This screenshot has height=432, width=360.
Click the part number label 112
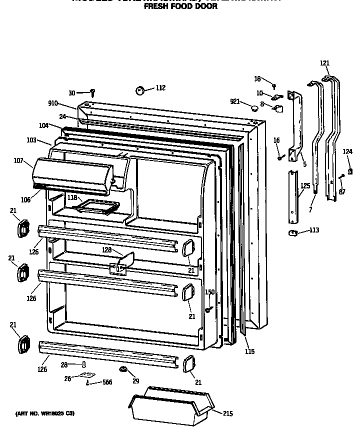[160, 88]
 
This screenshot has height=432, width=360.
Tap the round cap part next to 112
[140, 90]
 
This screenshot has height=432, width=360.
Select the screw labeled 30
[92, 92]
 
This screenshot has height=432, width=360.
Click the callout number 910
[53, 103]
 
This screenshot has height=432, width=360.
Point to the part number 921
[235, 101]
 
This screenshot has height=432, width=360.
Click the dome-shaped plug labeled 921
[255, 107]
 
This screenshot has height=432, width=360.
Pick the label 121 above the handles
[325, 63]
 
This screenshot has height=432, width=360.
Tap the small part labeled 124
[350, 171]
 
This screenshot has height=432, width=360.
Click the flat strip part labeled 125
[293, 197]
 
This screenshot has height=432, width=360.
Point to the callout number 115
[249, 351]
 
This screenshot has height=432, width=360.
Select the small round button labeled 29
[122, 369]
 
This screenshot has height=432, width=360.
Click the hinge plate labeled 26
[86, 375]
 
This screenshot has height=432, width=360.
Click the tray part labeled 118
[100, 205]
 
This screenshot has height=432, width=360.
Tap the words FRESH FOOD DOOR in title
[180, 7]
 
